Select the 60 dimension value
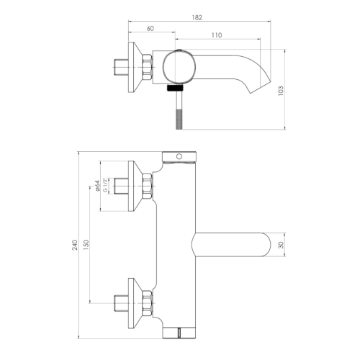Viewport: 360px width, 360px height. pos(150,30)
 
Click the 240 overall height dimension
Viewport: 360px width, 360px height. pos(75,245)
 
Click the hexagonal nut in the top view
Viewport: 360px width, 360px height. pos(148,68)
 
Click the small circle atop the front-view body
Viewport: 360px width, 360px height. pos(179,156)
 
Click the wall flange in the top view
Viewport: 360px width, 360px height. pos(133,68)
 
